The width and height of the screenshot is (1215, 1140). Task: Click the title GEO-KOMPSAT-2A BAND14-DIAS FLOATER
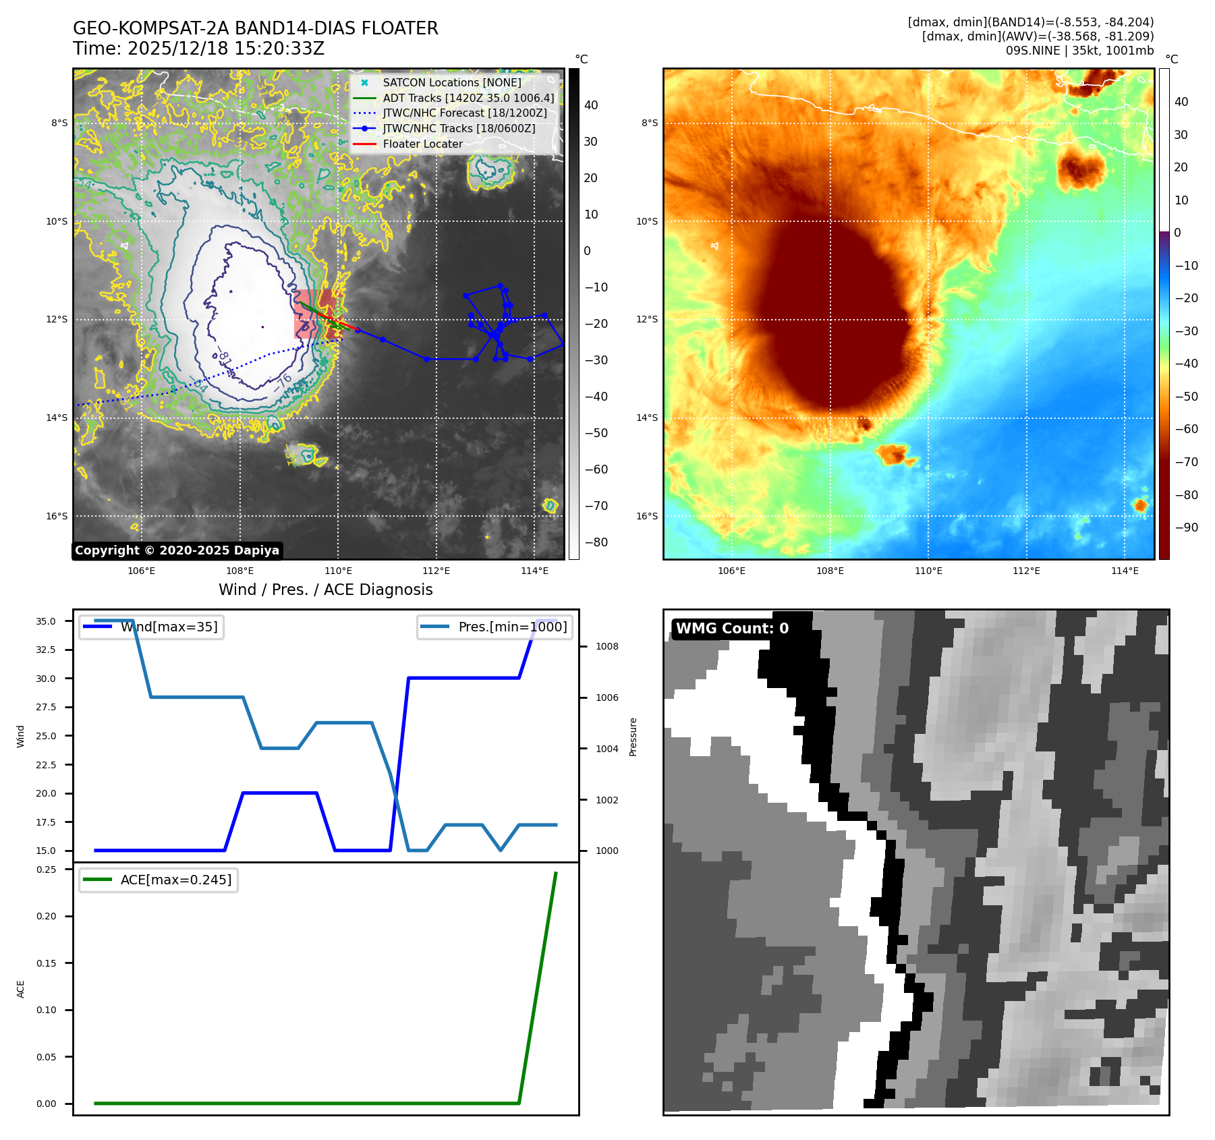pos(255,28)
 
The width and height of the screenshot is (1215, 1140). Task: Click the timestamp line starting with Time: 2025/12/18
pos(198,49)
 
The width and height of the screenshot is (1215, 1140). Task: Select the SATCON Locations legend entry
pos(451,82)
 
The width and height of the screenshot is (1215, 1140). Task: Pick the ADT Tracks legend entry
pos(468,98)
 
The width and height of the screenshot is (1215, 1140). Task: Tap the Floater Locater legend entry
pos(422,144)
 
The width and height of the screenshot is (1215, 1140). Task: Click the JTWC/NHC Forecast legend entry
pos(465,113)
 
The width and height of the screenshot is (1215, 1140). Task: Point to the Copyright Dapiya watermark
pos(177,550)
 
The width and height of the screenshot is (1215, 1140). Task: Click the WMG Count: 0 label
pos(732,629)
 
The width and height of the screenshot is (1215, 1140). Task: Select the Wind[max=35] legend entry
pos(169,627)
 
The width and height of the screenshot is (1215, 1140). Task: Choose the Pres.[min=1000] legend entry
pos(512,627)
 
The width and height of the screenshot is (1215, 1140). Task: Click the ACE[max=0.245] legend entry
pos(175,880)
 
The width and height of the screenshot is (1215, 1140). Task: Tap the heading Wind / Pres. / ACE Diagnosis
pos(325,590)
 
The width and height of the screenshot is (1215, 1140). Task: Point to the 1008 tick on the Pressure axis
pos(606,646)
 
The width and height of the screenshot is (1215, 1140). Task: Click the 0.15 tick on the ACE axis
pos(47,963)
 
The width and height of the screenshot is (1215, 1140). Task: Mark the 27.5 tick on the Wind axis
pos(46,707)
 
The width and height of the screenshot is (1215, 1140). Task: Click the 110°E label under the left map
pos(338,571)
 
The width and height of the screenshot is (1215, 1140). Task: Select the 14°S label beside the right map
pos(646,418)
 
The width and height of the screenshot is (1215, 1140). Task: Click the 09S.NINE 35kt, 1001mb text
pos(1079,51)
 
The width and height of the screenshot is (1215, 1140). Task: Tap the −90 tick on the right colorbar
pos(1186,528)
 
